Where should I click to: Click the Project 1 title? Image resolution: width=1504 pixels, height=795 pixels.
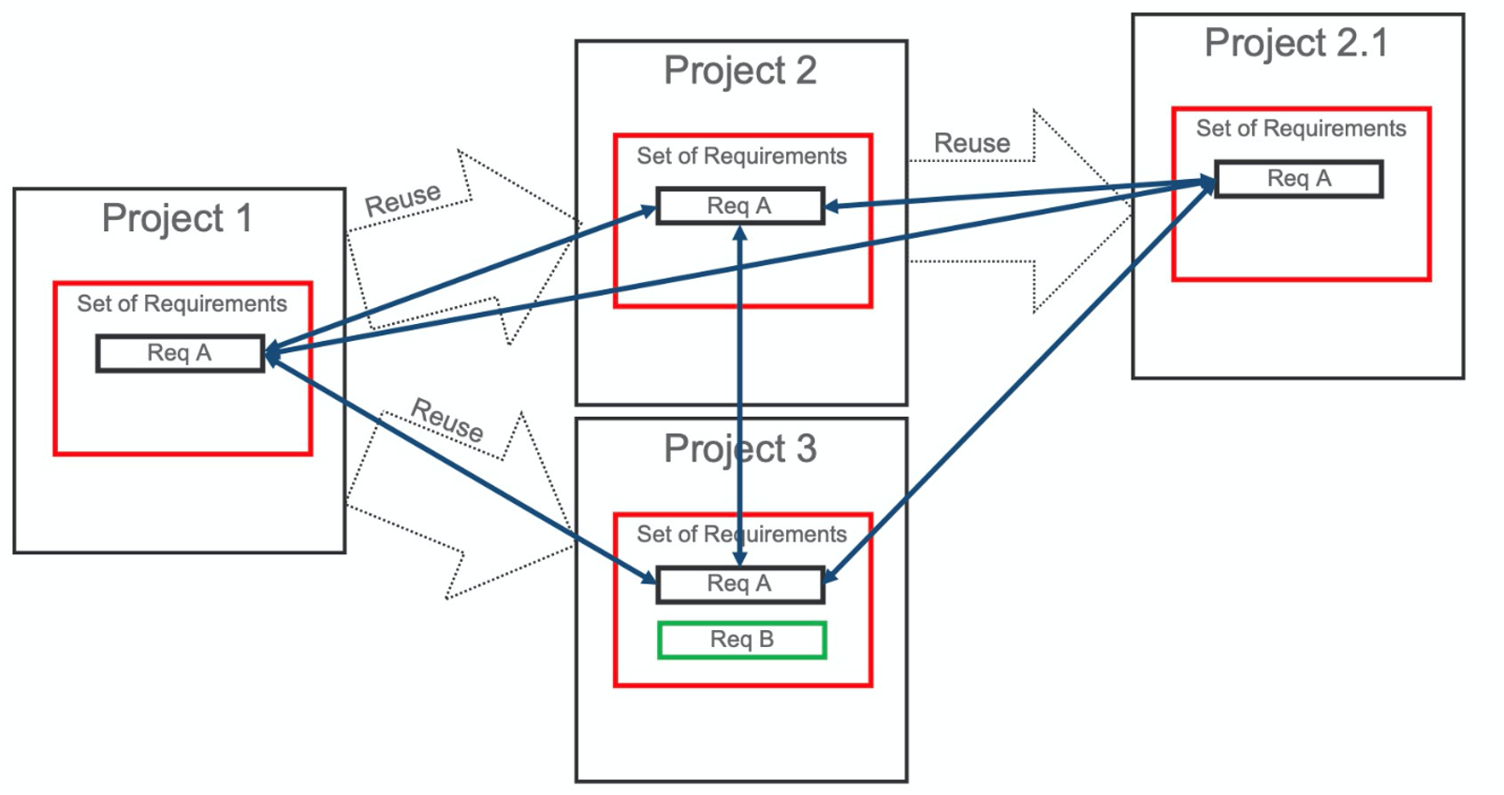pos(177,218)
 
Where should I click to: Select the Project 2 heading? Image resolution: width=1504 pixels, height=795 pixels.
pos(739,71)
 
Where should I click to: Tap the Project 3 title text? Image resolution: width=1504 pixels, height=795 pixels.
pos(739,449)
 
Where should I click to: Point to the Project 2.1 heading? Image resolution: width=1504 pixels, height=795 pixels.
pos(1295,43)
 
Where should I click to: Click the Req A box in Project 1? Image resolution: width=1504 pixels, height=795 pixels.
pos(180,353)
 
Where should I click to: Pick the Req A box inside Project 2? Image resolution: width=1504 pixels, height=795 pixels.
pos(739,206)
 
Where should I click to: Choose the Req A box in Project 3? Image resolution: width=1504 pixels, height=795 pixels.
pos(739,583)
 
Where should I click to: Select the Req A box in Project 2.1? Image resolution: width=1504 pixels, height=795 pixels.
pos(1298,179)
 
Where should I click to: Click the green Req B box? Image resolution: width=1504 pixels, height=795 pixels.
pos(741,640)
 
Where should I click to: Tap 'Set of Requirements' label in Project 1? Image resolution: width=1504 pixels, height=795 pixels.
pos(182,303)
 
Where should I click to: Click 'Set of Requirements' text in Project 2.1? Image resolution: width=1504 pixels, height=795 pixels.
pos(1300,128)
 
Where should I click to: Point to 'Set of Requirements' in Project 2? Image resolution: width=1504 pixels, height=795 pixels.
pos(741,155)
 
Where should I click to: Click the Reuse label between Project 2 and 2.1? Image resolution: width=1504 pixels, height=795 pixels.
pos(971,143)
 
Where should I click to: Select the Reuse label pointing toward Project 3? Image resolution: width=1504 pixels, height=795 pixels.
pos(447,420)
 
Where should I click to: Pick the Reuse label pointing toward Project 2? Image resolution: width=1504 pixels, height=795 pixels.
pos(402,199)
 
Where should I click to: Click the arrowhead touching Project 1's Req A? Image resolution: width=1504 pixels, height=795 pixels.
pos(272,354)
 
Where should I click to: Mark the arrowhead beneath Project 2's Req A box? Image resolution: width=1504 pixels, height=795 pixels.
pos(739,232)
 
